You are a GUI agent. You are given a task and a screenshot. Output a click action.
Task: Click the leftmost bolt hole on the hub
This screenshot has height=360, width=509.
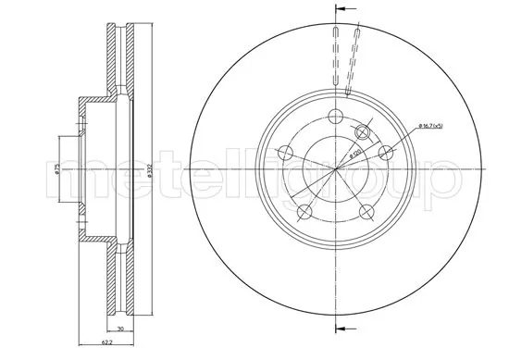click(286, 152)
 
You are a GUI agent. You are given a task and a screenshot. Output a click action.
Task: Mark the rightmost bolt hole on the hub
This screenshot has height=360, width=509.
click(384, 151)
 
